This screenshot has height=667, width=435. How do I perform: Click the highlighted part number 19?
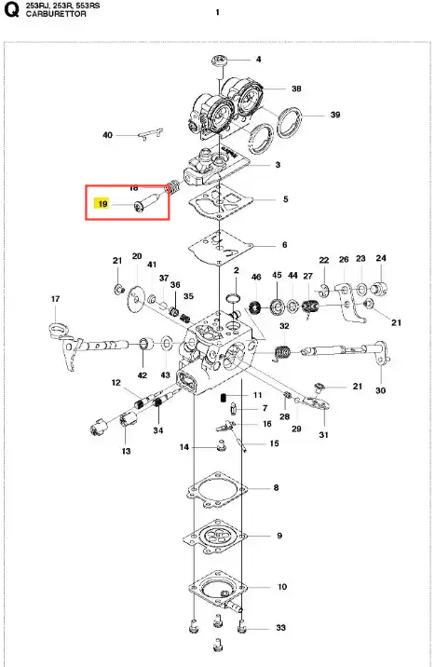[x=102, y=204]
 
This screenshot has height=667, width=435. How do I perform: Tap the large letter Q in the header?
[x=11, y=10]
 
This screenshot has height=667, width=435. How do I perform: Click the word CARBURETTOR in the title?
[x=56, y=14]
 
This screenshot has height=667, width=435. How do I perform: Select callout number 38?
[x=296, y=88]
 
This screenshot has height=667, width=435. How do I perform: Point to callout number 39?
[x=335, y=115]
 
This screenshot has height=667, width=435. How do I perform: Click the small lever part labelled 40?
[x=151, y=133]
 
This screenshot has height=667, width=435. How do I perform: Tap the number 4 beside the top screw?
[x=259, y=59]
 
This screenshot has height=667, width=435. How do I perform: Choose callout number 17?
[x=55, y=299]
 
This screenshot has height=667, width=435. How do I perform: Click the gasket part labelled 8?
[x=217, y=490]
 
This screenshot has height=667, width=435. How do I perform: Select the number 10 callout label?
[x=282, y=587]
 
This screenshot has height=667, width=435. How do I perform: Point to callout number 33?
[x=280, y=628]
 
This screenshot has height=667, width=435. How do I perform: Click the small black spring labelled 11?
[x=223, y=398]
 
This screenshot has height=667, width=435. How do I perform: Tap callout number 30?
[x=381, y=390]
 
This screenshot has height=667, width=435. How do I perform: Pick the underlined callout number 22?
[x=324, y=260]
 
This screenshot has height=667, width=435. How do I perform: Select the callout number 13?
[x=127, y=451]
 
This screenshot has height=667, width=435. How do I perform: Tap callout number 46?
[x=256, y=277]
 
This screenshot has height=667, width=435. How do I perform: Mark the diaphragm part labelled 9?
[x=215, y=537]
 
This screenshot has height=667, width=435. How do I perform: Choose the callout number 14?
[x=184, y=447]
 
